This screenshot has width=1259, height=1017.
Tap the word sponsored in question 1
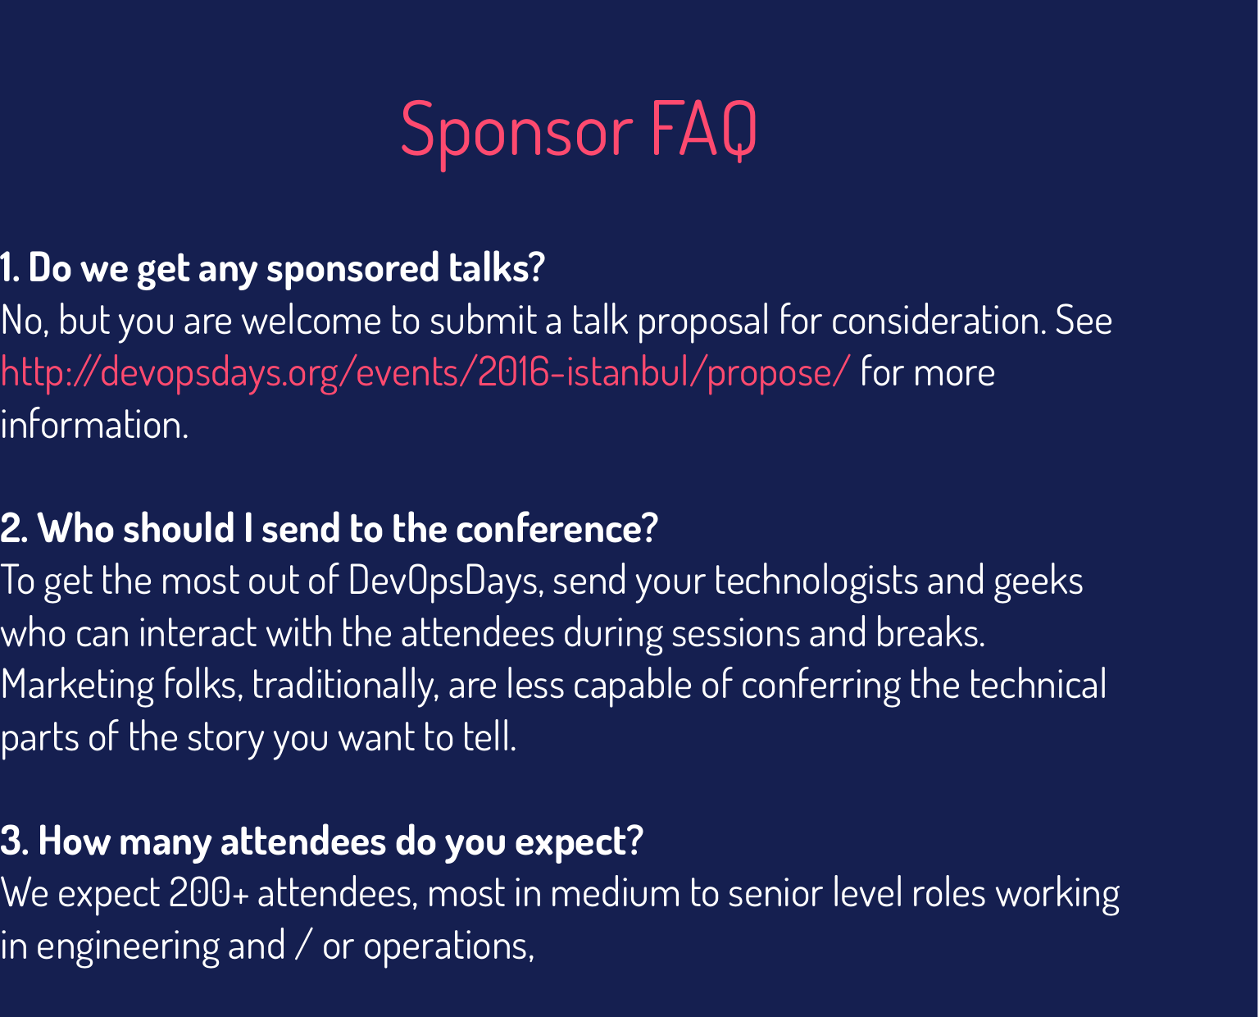(352, 269)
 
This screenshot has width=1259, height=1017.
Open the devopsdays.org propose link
(425, 373)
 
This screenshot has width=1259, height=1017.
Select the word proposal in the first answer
(703, 321)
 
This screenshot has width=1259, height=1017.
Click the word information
(94, 425)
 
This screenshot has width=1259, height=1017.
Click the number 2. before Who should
(14, 529)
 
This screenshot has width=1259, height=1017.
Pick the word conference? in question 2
(557, 529)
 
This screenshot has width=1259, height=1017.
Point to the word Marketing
(77, 686)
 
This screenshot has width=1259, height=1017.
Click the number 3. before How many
(14, 841)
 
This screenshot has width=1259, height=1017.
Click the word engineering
(128, 946)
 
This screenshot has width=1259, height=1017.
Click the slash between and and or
(303, 946)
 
